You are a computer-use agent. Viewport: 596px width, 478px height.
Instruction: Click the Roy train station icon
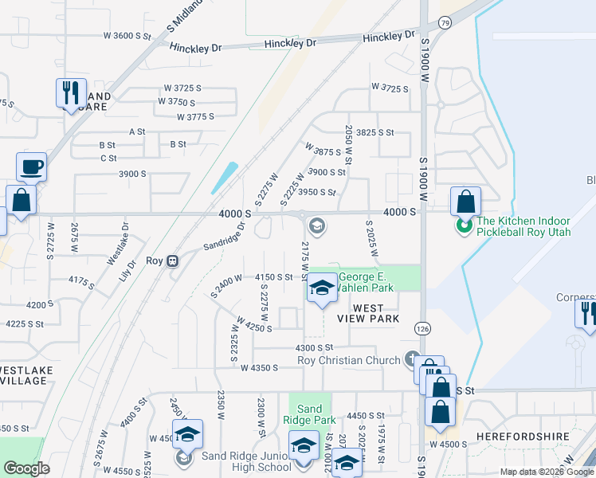pyautogui.click(x=172, y=261)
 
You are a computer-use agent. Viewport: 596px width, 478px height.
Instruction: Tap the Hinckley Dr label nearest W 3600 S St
pyautogui.click(x=195, y=48)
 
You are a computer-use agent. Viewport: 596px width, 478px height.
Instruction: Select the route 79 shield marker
pyautogui.click(x=445, y=23)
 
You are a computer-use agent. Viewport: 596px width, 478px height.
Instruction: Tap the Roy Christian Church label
pyautogui.click(x=348, y=360)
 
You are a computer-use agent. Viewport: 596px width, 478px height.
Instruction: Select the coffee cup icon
pyautogui.click(x=31, y=167)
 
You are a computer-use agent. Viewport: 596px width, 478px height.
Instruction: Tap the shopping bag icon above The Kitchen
pyautogui.click(x=465, y=201)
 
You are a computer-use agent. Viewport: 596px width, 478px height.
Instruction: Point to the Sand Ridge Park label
pyautogui.click(x=309, y=414)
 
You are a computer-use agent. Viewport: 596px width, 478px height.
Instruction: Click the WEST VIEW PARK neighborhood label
pyautogui.click(x=367, y=313)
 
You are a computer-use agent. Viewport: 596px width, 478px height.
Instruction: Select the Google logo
pyautogui.click(x=27, y=468)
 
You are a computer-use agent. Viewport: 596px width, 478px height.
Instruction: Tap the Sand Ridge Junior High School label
pyautogui.click(x=235, y=461)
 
